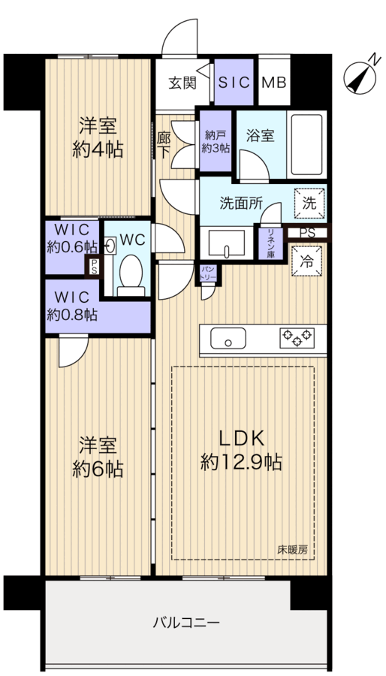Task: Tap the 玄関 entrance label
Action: pyautogui.click(x=182, y=83)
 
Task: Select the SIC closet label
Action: pyautogui.click(x=234, y=83)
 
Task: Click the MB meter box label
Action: pyautogui.click(x=274, y=83)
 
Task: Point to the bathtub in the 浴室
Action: pyautogui.click(x=306, y=144)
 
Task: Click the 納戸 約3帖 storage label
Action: pyautogui.click(x=216, y=142)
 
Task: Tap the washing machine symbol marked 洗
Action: pyautogui.click(x=309, y=204)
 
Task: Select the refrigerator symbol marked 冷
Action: pyautogui.click(x=306, y=261)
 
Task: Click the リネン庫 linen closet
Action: pyautogui.click(x=270, y=243)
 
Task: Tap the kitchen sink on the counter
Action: pyautogui.click(x=228, y=339)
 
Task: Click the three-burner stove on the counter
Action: pyautogui.click(x=297, y=337)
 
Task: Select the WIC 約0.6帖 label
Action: pyautogui.click(x=72, y=238)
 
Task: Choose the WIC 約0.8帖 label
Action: pyautogui.click(x=72, y=306)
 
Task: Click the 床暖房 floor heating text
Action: pyautogui.click(x=293, y=550)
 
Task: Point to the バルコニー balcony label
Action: pyautogui.click(x=186, y=623)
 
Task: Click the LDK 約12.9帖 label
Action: pyautogui.click(x=241, y=450)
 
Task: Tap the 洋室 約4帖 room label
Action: pyautogui.click(x=98, y=138)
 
